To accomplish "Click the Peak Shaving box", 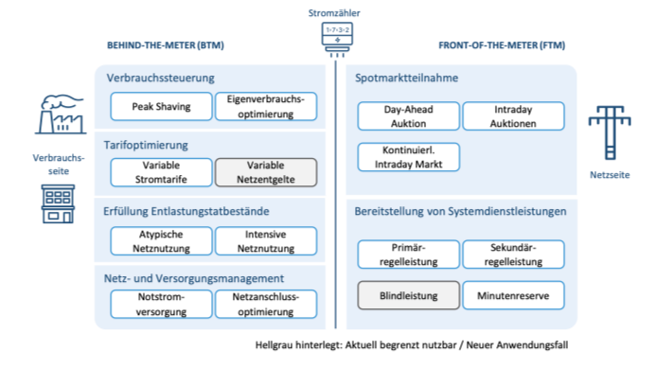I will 161,106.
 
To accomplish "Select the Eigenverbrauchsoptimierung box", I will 265,106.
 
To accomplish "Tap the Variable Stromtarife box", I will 161,171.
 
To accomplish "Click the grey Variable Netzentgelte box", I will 265,171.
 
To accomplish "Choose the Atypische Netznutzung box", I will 161,239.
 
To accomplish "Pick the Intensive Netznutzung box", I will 265,239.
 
